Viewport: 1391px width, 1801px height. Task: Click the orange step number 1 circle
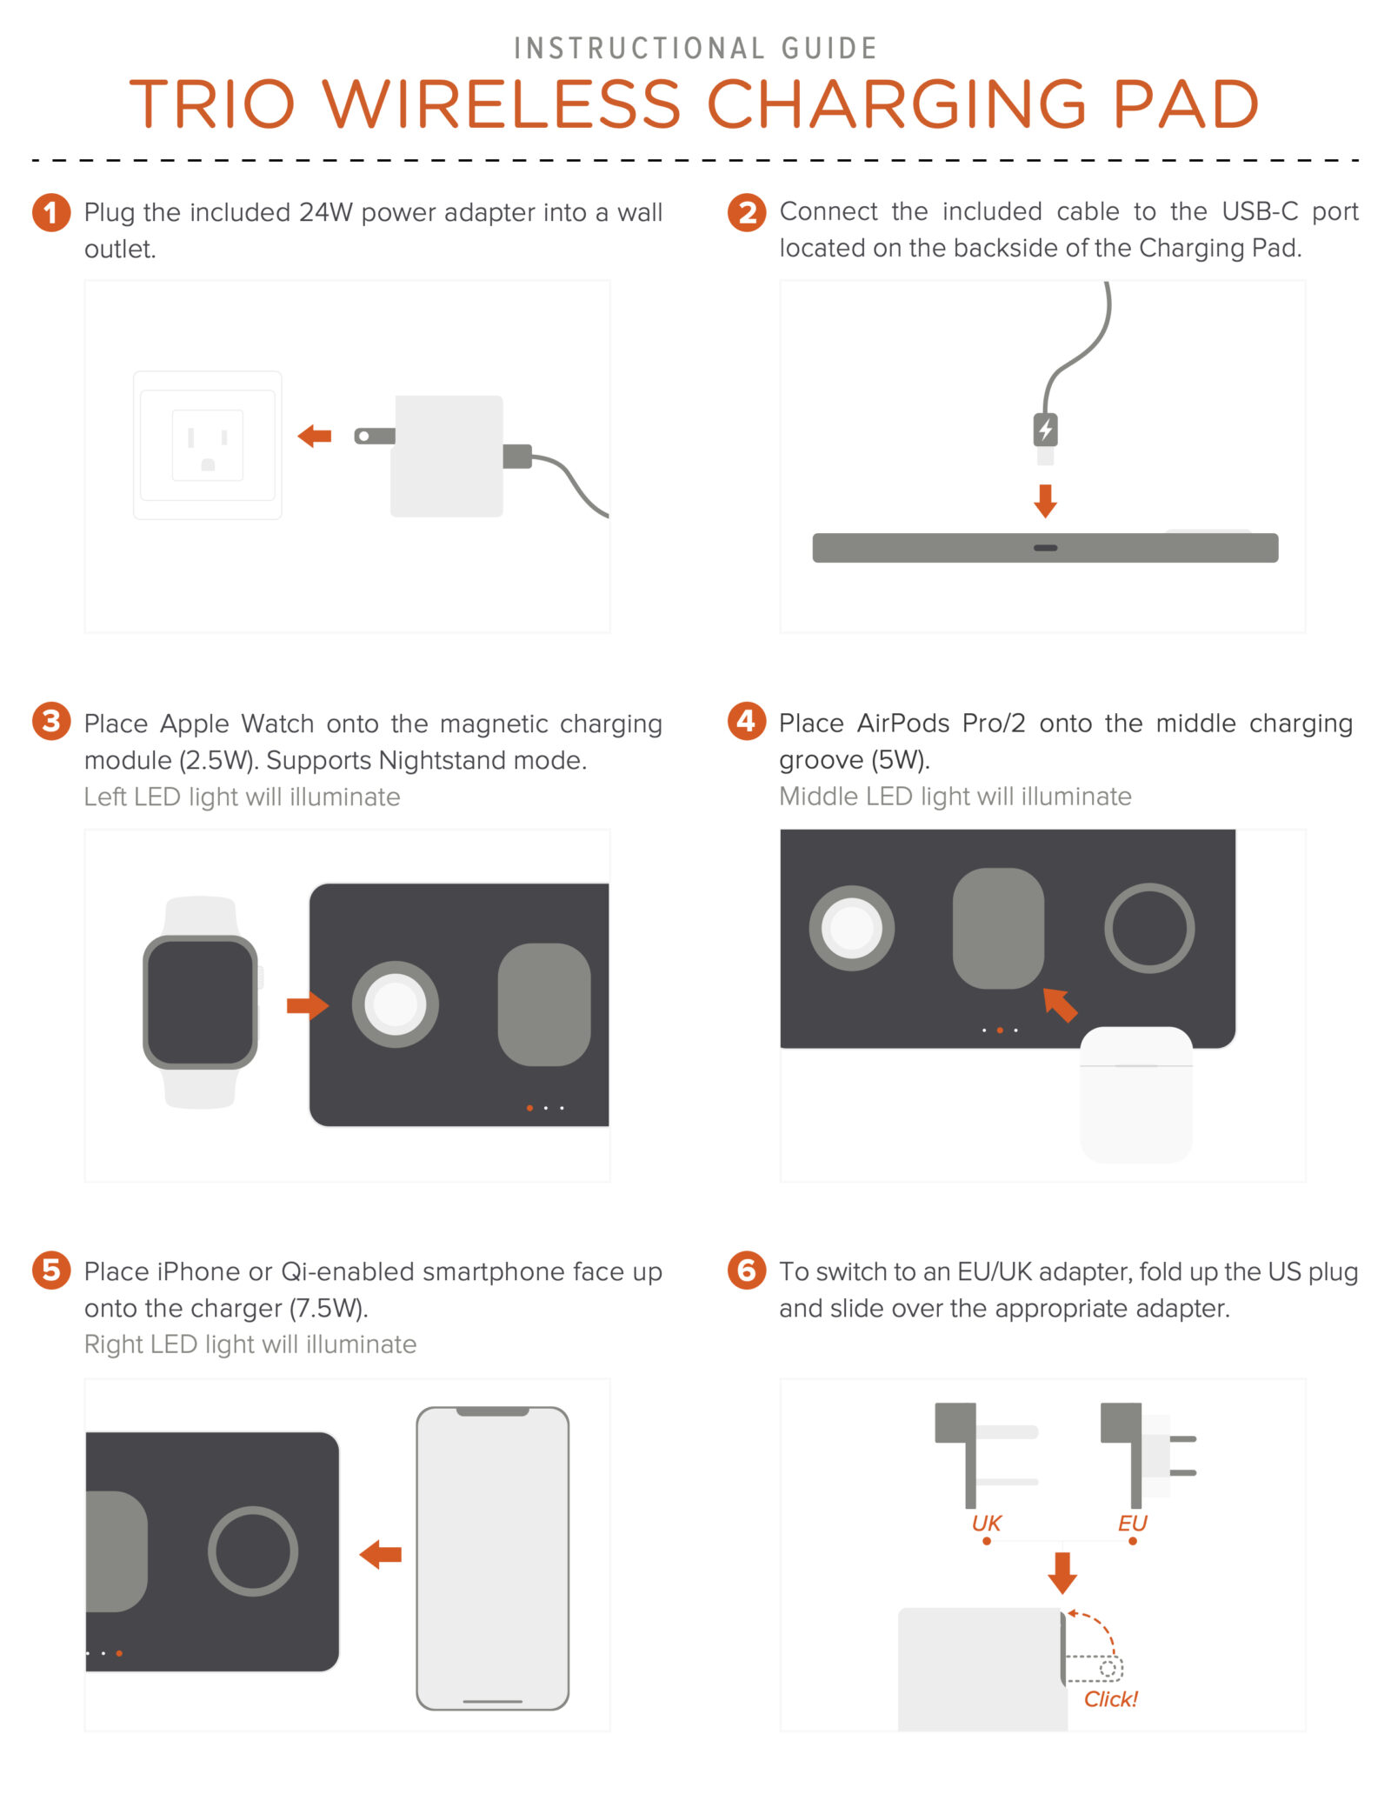(x=51, y=213)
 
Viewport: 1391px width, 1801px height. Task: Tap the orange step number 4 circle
(x=747, y=721)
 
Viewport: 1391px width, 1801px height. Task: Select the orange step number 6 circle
(x=747, y=1271)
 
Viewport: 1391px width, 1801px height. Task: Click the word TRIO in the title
(x=213, y=104)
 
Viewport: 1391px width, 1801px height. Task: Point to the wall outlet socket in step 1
(x=208, y=445)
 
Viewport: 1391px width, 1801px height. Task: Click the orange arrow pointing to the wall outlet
(x=315, y=436)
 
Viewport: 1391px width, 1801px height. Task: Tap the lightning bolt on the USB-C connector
(x=1046, y=429)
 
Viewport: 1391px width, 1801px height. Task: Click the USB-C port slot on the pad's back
(x=1046, y=548)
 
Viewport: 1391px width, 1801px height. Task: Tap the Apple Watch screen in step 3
(x=201, y=1002)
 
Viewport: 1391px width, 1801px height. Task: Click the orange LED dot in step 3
(x=529, y=1108)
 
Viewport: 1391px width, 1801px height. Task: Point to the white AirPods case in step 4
(x=1136, y=1095)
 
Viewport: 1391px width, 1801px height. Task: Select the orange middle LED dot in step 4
(x=1000, y=1031)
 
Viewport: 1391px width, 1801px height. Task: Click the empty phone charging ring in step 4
(x=1149, y=886)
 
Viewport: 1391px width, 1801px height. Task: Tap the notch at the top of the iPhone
(x=493, y=1411)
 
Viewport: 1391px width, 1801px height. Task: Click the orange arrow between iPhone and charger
(x=381, y=1554)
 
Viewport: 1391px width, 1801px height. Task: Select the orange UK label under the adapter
(x=987, y=1523)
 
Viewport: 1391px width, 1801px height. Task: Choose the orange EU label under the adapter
(x=1133, y=1523)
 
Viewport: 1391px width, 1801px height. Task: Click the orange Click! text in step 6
(x=1111, y=1698)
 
